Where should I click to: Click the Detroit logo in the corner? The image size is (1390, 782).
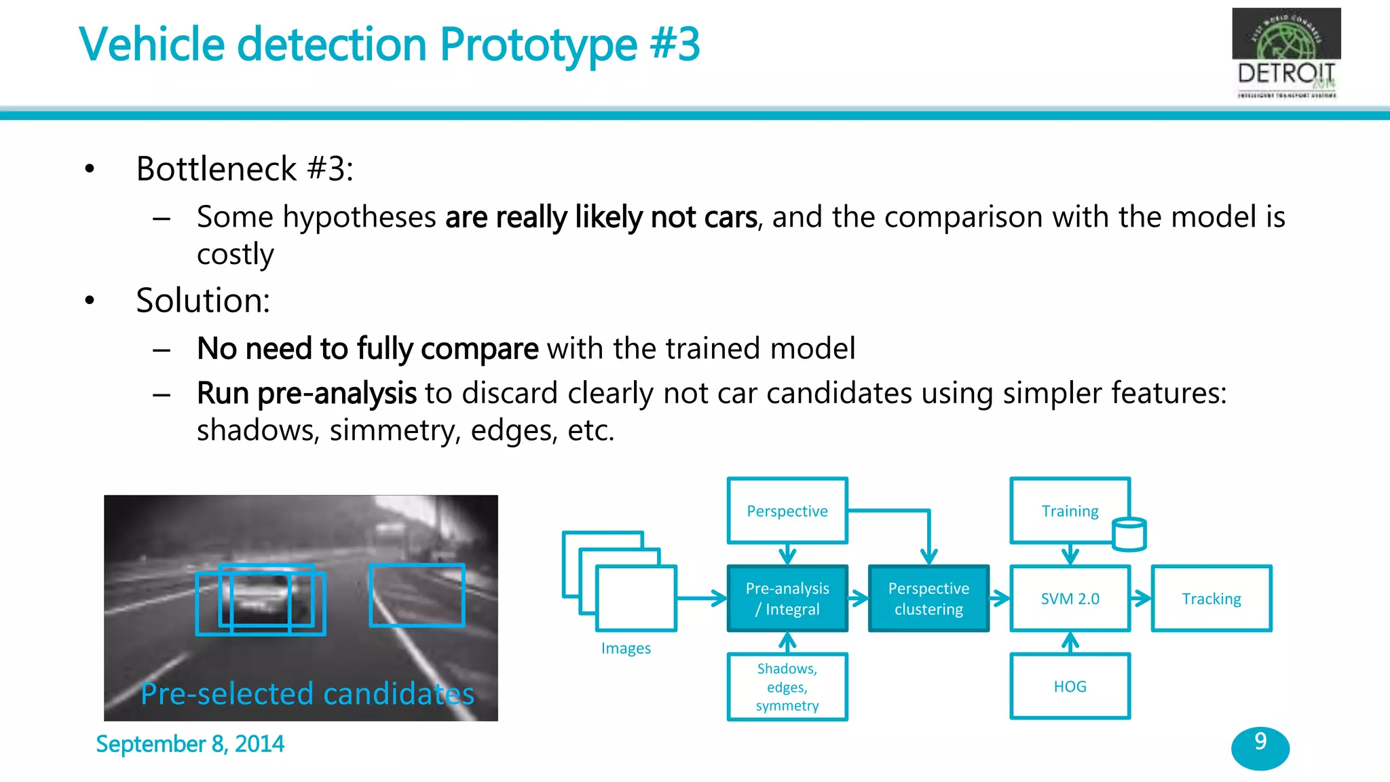coord(1285,53)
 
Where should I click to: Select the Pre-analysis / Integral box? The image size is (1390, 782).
coord(787,598)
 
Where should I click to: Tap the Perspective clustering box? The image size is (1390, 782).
coord(928,598)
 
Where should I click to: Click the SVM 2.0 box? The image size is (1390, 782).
coord(1070,598)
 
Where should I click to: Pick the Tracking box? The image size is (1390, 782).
coord(1211,598)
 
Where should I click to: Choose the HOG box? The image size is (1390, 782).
coord(1070,686)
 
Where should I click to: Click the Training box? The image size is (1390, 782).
coord(1070,510)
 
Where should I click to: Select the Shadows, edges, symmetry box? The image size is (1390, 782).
coord(787,686)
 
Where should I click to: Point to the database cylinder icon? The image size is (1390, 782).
coord(1129,534)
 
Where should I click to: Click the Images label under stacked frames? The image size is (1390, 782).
coord(626,648)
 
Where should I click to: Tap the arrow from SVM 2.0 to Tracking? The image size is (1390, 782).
coord(1142,598)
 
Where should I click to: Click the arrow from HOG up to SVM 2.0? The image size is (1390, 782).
coord(1070,642)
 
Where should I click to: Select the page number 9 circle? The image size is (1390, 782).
coord(1260,747)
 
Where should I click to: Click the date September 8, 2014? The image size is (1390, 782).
coord(190,744)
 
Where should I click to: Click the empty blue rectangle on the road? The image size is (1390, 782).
coord(417,595)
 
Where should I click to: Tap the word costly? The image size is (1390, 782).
coord(235,254)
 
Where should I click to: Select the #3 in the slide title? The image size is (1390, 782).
coord(674,45)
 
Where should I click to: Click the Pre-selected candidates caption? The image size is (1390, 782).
coord(307,694)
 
